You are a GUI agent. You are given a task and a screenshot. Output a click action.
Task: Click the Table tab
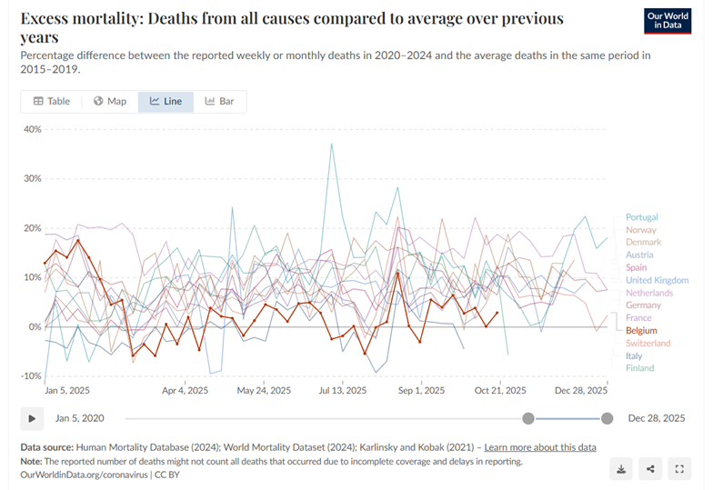[x=52, y=101]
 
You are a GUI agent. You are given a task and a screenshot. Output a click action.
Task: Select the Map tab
[x=110, y=101]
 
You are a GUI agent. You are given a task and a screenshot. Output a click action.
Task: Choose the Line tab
[x=166, y=101]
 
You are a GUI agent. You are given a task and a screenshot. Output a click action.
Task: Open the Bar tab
[x=219, y=101]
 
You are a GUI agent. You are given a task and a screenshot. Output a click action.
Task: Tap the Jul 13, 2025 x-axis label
[x=343, y=390]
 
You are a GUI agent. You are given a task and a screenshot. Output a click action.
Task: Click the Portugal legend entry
[x=641, y=217]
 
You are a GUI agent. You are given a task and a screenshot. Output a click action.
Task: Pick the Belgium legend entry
[x=641, y=331]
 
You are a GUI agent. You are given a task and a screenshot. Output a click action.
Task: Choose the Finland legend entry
[x=639, y=368]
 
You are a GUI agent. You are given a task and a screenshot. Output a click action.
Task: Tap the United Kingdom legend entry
[x=657, y=280]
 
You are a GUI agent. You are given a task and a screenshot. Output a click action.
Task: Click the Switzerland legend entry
[x=648, y=343]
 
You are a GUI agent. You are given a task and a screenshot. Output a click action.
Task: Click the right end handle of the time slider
[x=607, y=418]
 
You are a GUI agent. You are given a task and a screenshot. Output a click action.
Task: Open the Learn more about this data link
[x=540, y=447]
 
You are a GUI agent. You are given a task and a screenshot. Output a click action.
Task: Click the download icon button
[x=621, y=469]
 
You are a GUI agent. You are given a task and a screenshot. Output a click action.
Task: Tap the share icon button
[x=650, y=469]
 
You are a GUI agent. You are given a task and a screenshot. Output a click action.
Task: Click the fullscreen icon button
[x=679, y=469]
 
